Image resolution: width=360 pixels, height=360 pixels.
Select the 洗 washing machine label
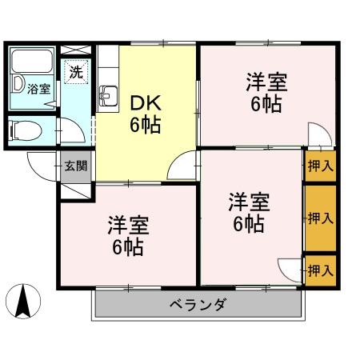click(75, 71)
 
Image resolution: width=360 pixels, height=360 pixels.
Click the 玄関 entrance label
click(77, 166)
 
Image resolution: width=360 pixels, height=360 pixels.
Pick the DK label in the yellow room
click(146, 103)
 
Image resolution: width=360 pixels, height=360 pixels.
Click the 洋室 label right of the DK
click(266, 82)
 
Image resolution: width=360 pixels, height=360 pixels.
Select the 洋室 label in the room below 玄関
click(129, 223)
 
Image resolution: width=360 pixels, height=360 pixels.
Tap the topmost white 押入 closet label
click(321, 167)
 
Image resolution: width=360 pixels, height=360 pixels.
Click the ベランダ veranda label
click(198, 304)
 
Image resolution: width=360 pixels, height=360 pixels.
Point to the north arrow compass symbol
click(24, 302)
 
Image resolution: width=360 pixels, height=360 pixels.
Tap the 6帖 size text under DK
click(147, 125)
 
